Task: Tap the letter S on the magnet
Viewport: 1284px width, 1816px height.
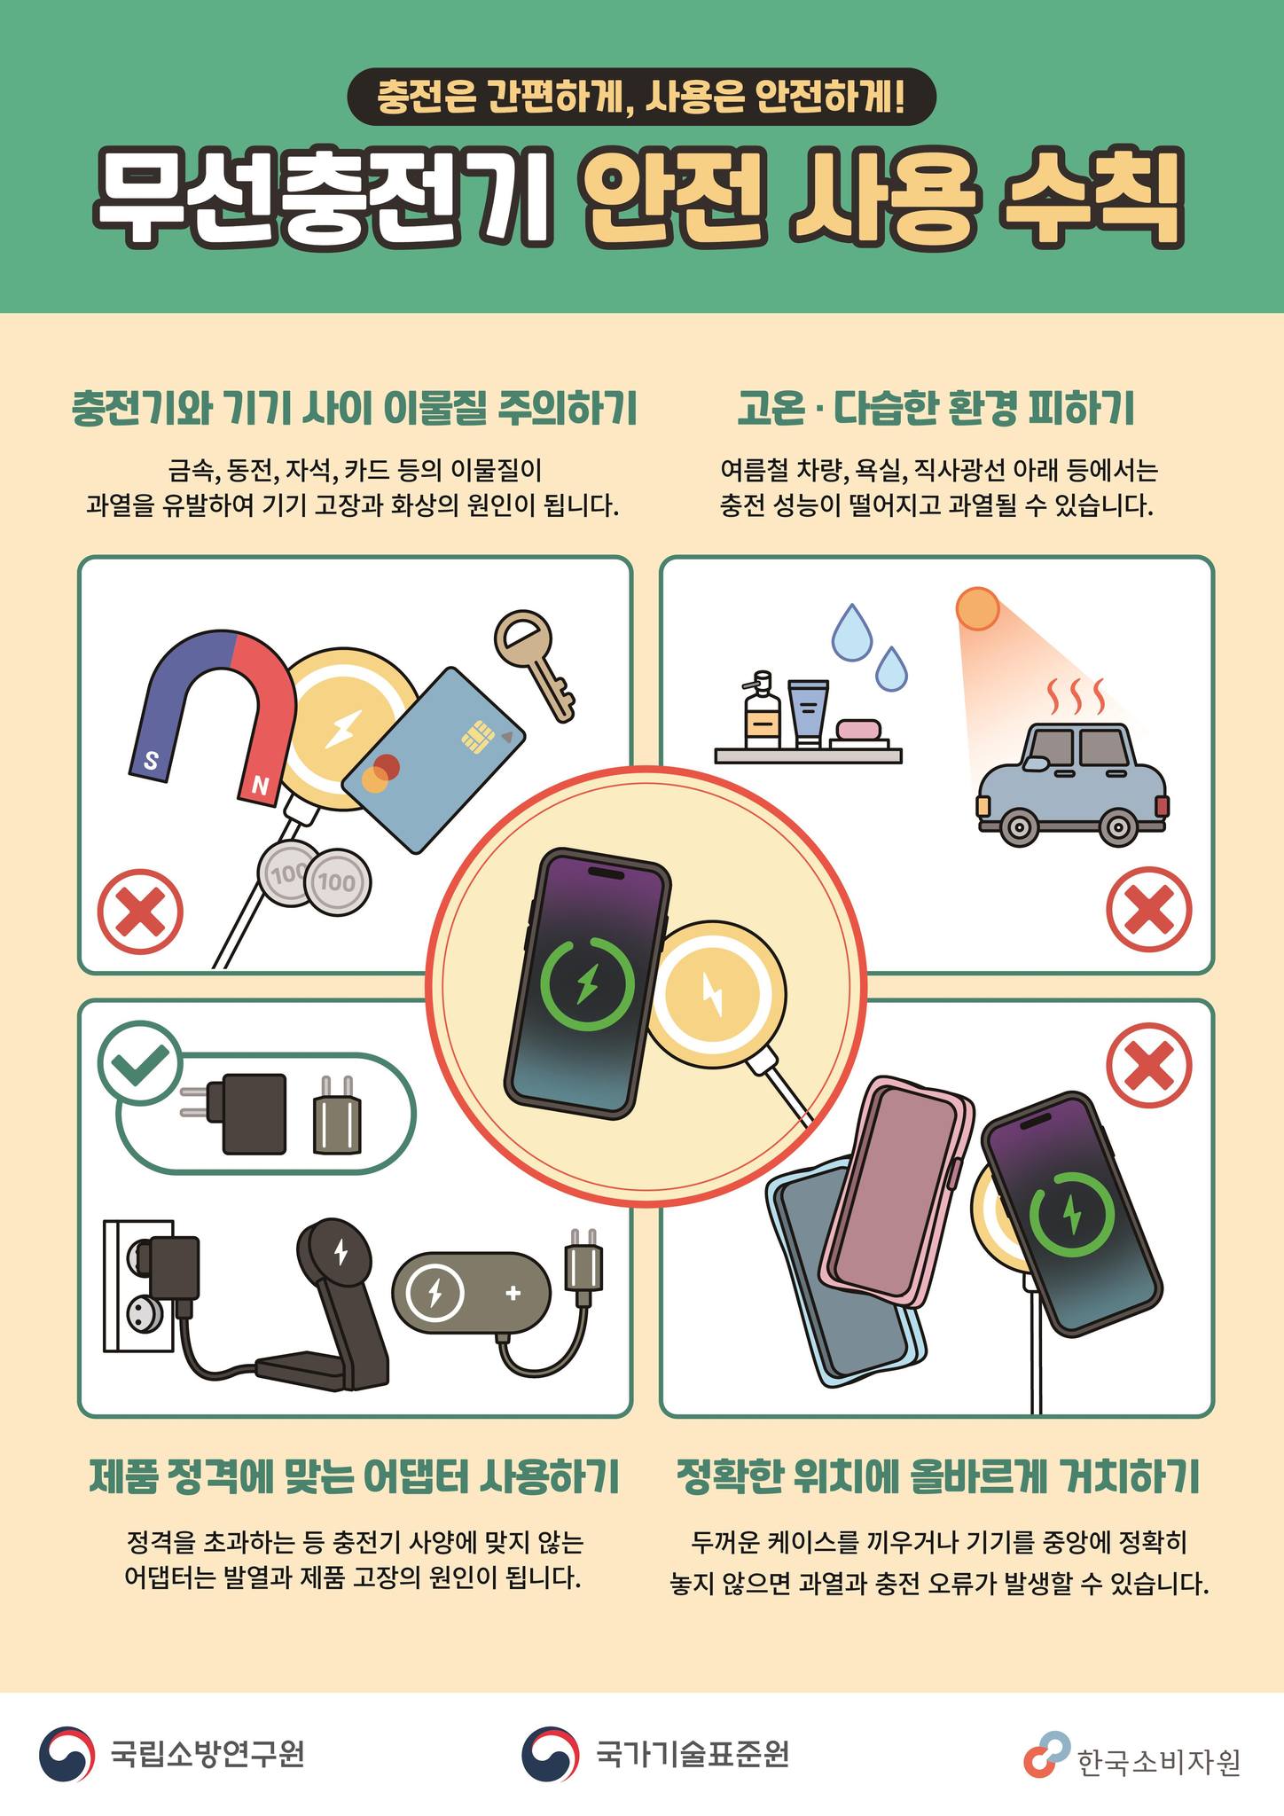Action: (151, 760)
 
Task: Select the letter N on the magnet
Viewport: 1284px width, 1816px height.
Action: (260, 785)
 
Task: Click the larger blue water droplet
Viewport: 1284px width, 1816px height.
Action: (851, 633)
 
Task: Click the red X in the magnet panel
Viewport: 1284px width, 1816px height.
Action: (140, 912)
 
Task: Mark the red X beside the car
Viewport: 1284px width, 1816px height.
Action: (1148, 910)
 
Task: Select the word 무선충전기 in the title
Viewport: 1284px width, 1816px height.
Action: (324, 200)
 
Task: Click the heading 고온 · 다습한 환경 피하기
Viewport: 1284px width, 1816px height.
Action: (936, 409)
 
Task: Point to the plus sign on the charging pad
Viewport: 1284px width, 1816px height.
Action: (513, 1293)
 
